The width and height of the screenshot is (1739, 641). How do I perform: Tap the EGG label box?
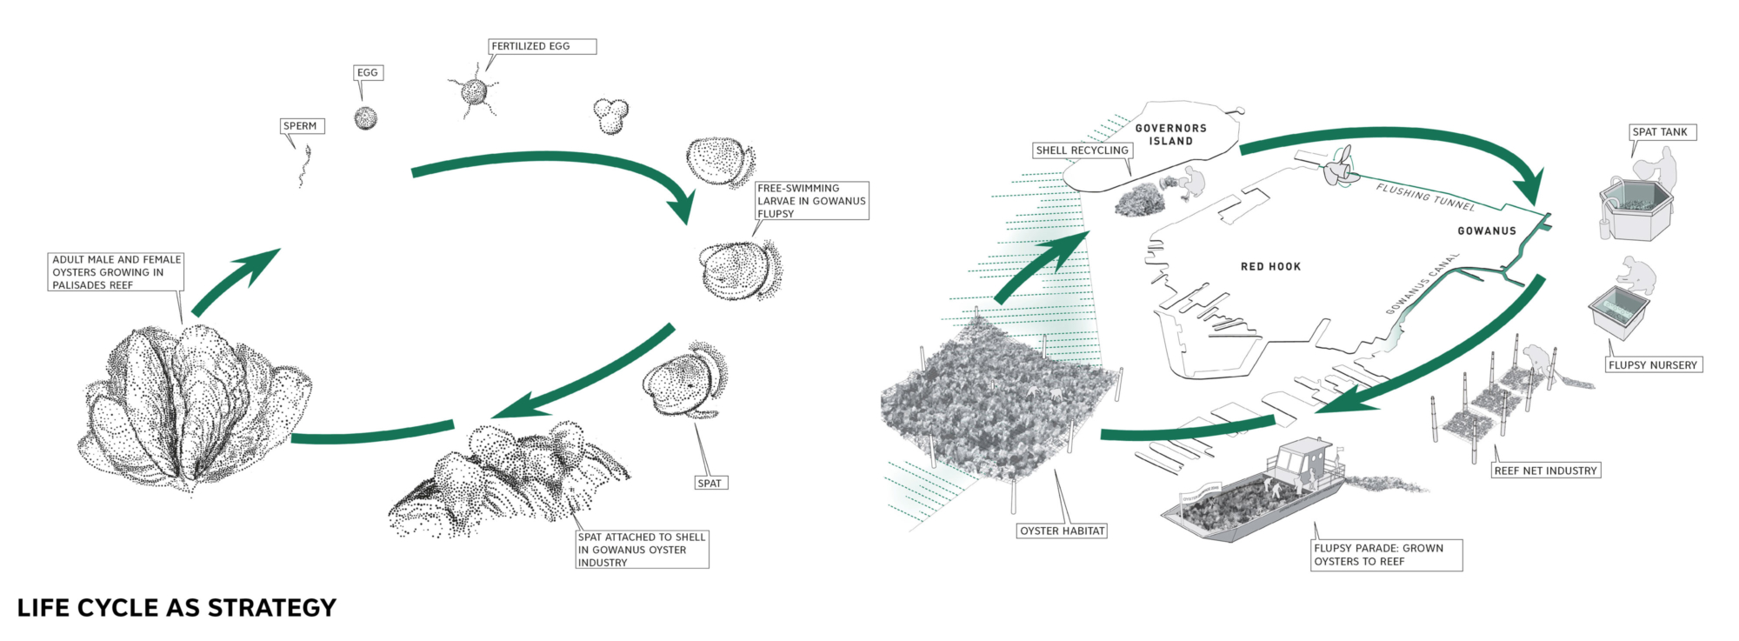point(368,72)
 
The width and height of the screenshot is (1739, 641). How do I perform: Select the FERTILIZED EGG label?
point(541,46)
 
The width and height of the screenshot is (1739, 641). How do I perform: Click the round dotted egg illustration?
point(366,118)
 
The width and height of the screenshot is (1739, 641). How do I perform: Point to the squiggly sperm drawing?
point(304,166)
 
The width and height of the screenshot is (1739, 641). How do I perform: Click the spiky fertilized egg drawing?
point(474,91)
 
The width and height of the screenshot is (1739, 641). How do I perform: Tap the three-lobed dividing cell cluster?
point(610,114)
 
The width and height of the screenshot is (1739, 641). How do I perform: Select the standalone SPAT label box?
point(710,483)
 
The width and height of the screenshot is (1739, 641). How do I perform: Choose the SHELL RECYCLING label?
point(1082,150)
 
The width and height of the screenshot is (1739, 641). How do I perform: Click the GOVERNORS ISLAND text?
point(1170,135)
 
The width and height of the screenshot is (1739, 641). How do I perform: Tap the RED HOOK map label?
point(1270,267)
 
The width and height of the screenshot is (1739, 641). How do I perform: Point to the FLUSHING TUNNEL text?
point(1425,197)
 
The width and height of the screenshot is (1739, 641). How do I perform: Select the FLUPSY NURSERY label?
point(1653,365)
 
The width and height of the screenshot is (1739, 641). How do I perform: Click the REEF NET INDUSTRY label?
point(1545,471)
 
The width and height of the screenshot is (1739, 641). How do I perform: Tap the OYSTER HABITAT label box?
point(1063,531)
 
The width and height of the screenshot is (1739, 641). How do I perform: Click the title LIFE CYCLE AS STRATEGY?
point(177,608)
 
